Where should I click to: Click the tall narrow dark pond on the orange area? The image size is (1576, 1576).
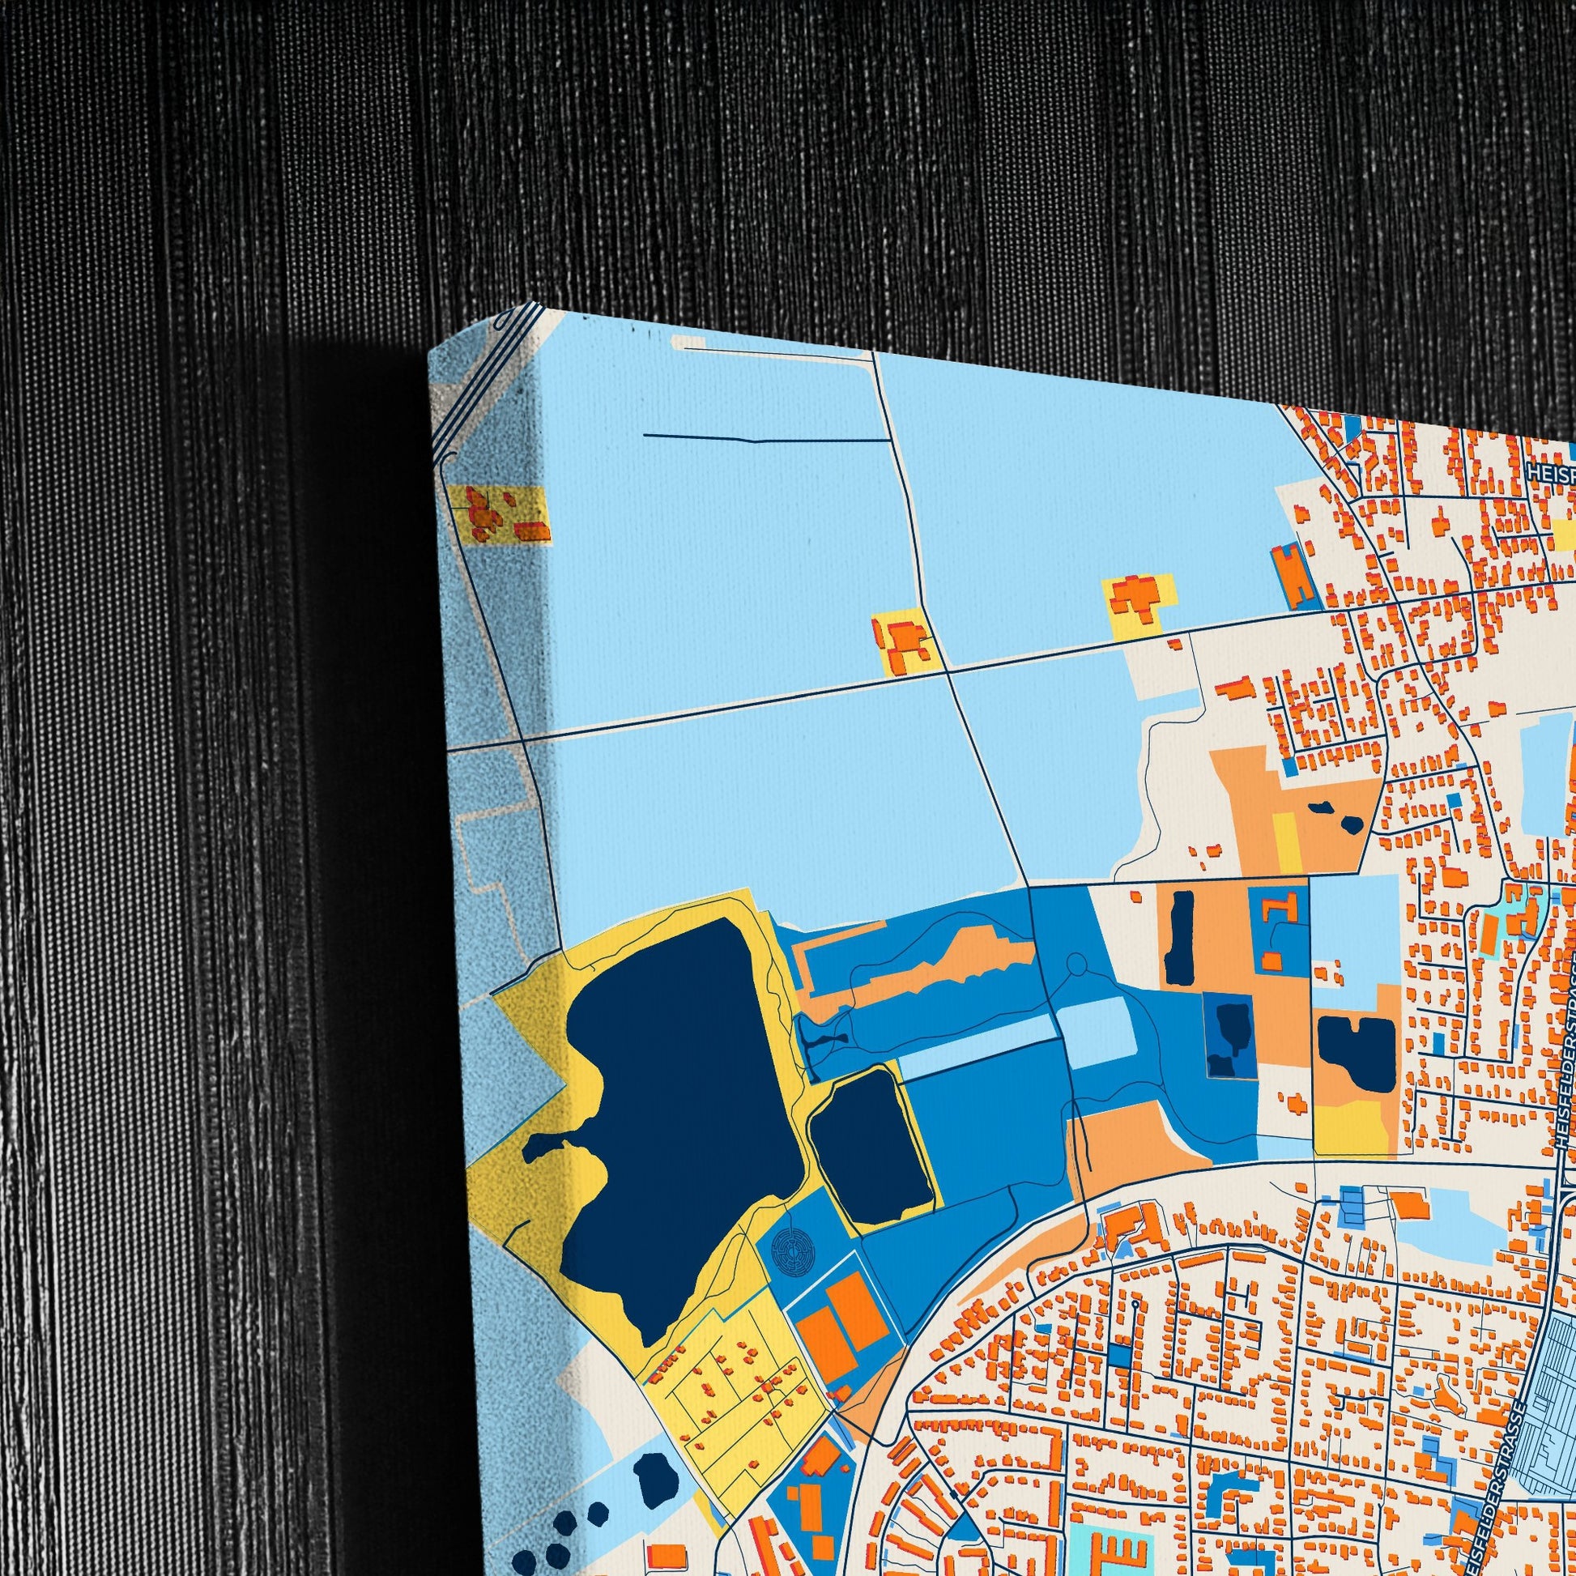pos(1180,935)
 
